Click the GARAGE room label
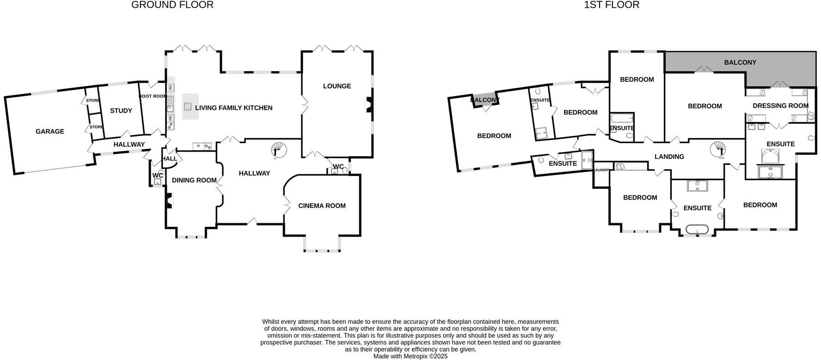tap(50, 132)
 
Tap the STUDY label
tap(121, 111)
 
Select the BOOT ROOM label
tap(153, 97)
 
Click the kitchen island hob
tap(188, 107)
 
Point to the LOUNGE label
tap(337, 86)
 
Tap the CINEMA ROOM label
tap(322, 206)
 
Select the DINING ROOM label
tap(194, 181)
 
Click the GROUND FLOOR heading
tap(172, 5)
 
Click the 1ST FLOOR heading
tap(612, 5)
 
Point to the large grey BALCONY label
tap(740, 62)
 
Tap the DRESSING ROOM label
tap(780, 106)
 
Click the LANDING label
tap(669, 157)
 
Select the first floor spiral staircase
tap(719, 149)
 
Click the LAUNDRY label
tap(601, 170)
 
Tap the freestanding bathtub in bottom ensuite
tap(697, 230)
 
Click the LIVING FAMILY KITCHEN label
tap(233, 108)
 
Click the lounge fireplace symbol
tap(368, 104)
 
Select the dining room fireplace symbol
tap(169, 201)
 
